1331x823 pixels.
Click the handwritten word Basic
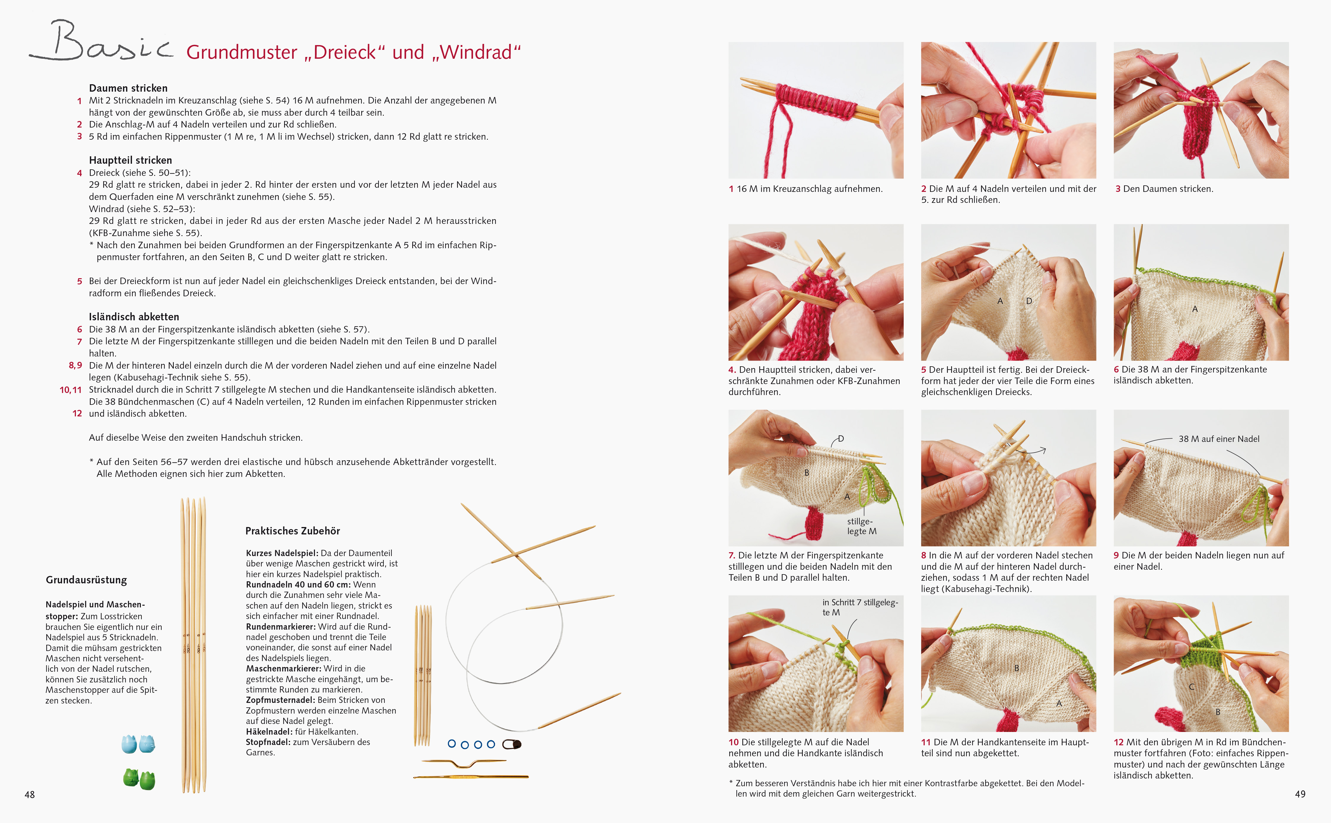(x=101, y=42)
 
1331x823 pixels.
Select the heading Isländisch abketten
(x=134, y=317)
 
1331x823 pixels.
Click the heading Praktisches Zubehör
(x=293, y=531)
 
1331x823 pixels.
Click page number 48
(x=30, y=795)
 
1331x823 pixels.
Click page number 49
(x=1300, y=794)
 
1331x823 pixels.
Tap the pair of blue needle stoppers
(x=138, y=744)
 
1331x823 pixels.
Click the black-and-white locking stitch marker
(x=512, y=744)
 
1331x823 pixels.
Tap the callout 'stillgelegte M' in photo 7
(x=862, y=526)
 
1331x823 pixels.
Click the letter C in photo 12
(x=1192, y=687)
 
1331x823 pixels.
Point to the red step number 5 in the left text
(x=79, y=281)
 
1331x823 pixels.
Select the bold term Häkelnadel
(x=268, y=732)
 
